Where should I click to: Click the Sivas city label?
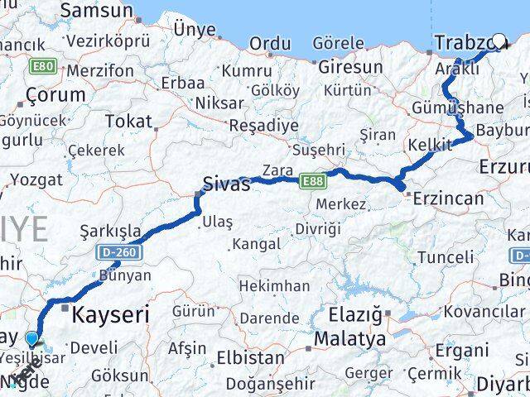click(x=227, y=184)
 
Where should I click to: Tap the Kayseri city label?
click(x=110, y=314)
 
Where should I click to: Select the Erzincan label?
click(x=447, y=198)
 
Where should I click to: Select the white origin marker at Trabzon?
click(x=500, y=39)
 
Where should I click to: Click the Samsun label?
click(x=97, y=11)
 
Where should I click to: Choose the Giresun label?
click(x=350, y=67)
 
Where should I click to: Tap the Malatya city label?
click(x=349, y=338)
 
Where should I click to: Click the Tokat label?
click(x=128, y=122)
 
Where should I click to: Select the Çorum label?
click(x=55, y=94)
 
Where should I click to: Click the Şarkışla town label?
click(x=110, y=230)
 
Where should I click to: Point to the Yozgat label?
click(x=35, y=179)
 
